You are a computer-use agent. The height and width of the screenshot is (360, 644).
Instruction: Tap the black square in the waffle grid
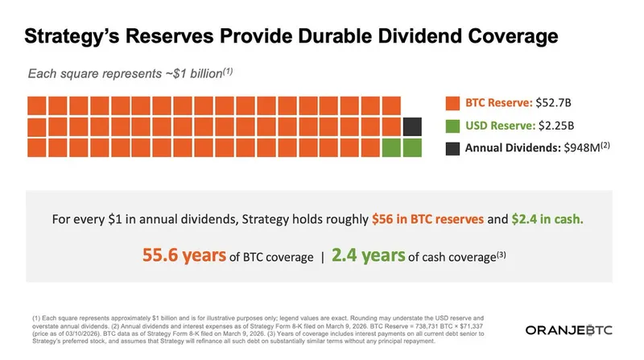coord(412,126)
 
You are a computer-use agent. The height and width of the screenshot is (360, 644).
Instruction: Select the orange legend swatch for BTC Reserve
coord(452,104)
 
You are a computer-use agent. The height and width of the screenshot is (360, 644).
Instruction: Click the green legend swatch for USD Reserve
coord(452,126)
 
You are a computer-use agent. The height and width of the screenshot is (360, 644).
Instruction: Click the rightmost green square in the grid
coord(412,147)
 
